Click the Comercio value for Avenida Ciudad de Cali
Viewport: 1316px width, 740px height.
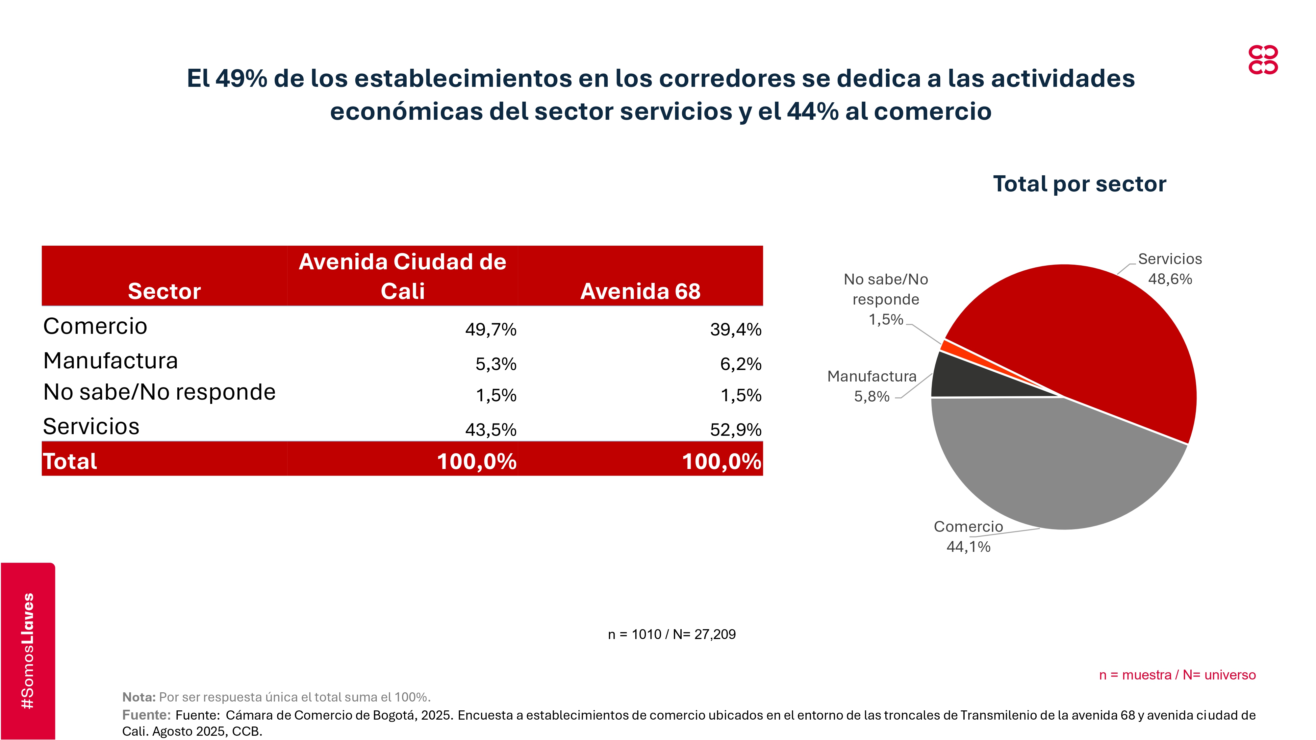pyautogui.click(x=491, y=330)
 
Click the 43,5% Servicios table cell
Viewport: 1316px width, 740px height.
pyautogui.click(x=491, y=430)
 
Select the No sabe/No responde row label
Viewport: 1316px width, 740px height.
pyautogui.click(x=159, y=392)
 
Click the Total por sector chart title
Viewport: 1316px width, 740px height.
pyautogui.click(x=1079, y=184)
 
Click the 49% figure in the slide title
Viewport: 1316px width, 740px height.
pyautogui.click(x=241, y=79)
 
